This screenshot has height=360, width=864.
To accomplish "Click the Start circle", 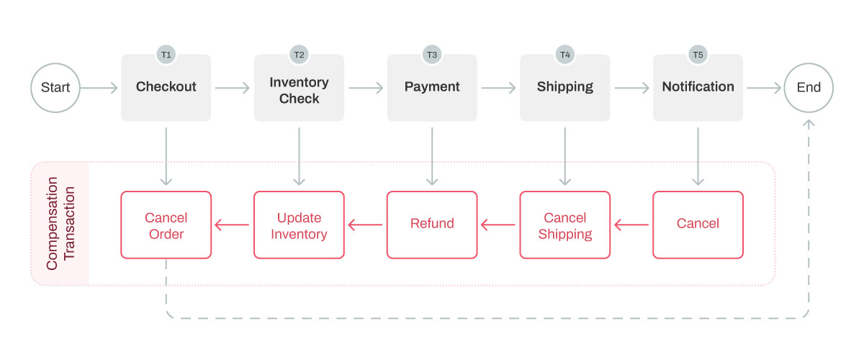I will tap(55, 88).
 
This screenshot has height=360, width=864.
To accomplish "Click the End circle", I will tap(809, 88).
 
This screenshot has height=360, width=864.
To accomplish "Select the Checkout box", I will tap(166, 87).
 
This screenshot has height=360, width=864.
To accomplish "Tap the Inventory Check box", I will tap(299, 91).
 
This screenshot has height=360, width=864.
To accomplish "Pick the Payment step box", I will tap(432, 87).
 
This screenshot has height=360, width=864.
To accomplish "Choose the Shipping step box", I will tap(565, 87).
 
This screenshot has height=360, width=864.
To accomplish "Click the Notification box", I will tap(698, 87).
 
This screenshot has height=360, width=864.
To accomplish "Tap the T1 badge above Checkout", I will tap(166, 55).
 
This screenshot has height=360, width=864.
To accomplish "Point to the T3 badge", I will tap(432, 55).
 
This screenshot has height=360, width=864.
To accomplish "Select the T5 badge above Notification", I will tap(698, 55).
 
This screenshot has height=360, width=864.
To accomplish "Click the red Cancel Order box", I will tap(166, 225).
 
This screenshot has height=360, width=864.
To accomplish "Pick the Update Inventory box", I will tap(299, 225).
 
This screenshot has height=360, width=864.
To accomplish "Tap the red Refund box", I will tap(432, 225).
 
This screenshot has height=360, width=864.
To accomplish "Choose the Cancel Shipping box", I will tap(565, 225).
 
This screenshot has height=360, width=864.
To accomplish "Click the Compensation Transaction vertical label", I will tap(60, 224).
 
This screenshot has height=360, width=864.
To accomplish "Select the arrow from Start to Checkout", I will tap(99, 88).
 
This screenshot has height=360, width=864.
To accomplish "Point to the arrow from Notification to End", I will tap(764, 88).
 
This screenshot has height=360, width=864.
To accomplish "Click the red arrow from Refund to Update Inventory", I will tap(366, 225).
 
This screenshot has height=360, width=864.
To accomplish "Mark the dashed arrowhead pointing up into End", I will tap(809, 125).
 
